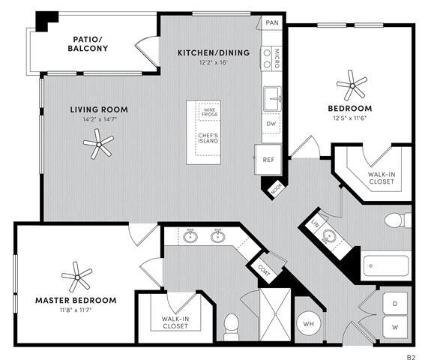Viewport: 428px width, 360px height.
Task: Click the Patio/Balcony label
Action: [x=91, y=43]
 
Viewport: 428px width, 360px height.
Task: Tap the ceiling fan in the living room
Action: [x=98, y=142]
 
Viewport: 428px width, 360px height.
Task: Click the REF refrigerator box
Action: [x=269, y=160]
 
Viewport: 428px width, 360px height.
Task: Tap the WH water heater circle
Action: [x=307, y=324]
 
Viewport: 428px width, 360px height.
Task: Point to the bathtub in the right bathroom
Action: [x=387, y=265]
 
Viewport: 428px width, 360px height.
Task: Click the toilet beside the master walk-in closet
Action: [x=232, y=325]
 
